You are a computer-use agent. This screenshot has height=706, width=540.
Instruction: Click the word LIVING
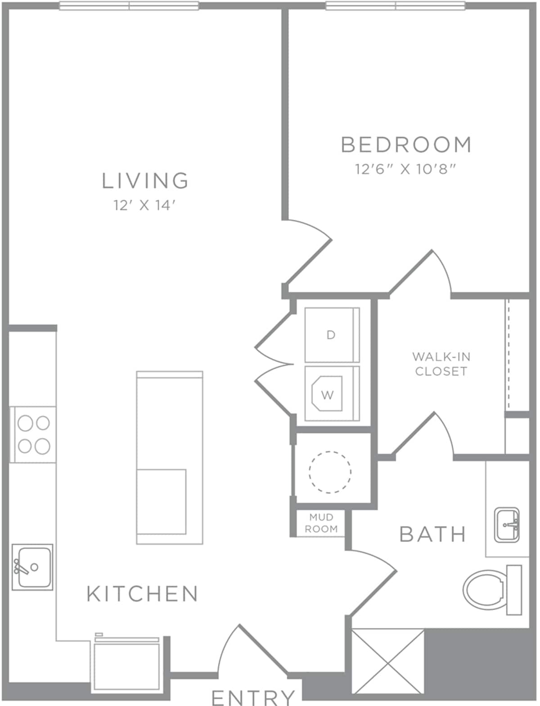coord(145,180)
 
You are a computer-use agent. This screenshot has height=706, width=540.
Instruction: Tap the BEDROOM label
coord(406,145)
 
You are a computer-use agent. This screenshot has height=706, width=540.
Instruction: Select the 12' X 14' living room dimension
coord(144,206)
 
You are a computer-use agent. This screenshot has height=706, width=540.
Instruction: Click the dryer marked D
coord(332,335)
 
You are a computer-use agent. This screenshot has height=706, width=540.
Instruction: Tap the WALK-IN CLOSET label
coord(441,364)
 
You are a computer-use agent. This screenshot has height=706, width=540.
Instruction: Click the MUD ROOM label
coord(321,523)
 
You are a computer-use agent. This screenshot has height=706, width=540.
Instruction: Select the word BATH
coord(432,535)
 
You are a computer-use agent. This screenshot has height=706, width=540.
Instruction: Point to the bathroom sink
coord(507,525)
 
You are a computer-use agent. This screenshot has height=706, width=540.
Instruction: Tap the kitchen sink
coord(32,567)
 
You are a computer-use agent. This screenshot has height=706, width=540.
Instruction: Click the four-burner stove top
coord(33,434)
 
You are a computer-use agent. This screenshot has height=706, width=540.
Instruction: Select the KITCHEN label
coord(143,594)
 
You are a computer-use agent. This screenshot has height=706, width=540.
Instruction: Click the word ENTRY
coord(253,697)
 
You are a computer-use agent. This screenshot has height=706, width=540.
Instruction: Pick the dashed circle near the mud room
coord(330,472)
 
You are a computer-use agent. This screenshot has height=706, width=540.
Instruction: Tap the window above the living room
coord(129,6)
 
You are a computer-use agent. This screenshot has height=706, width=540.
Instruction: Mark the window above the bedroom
coord(395,6)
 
